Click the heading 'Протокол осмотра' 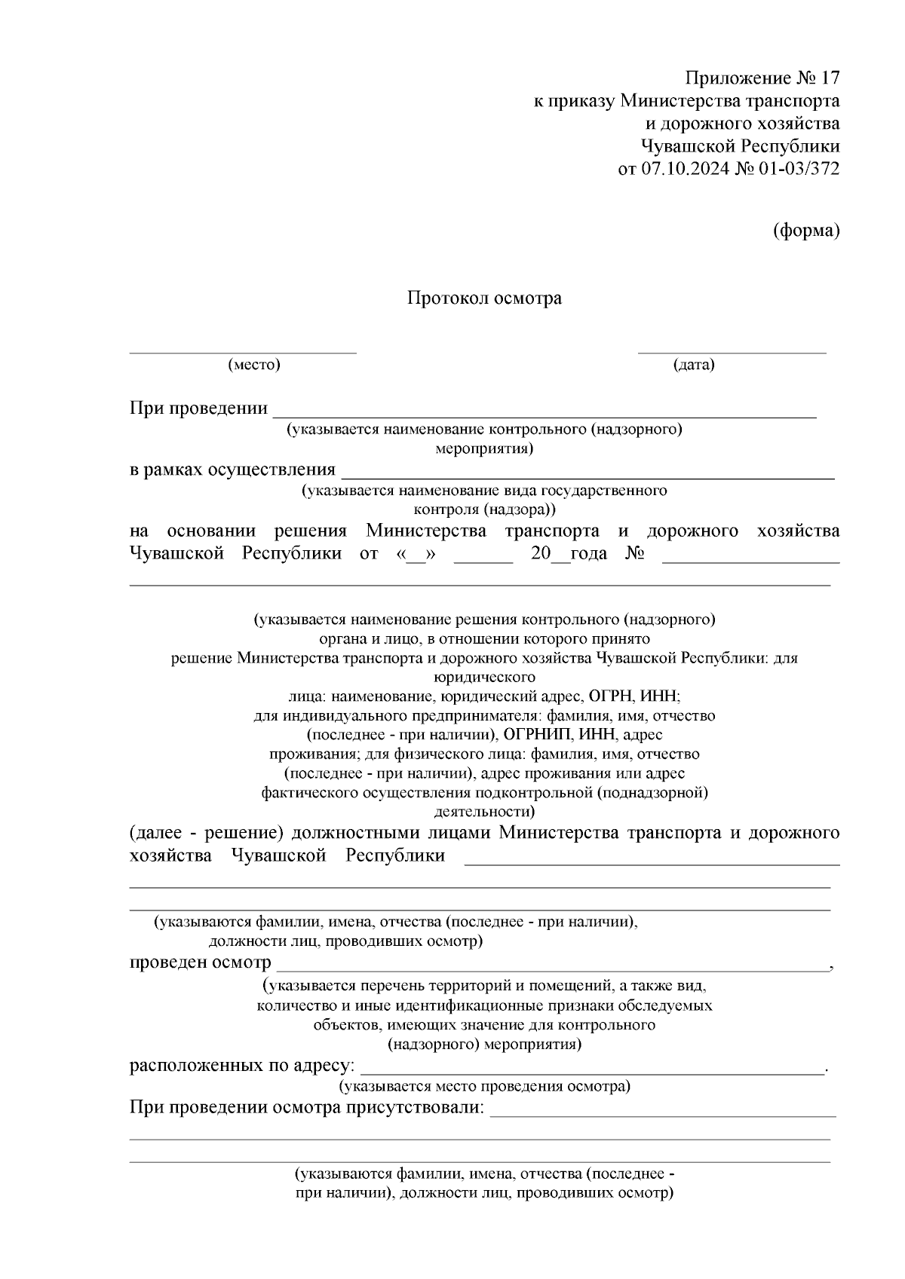[x=484, y=298]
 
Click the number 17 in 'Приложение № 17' [x=829, y=78]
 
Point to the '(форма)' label [x=806, y=231]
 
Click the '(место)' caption [x=254, y=366]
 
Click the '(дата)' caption [x=694, y=366]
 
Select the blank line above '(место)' [x=243, y=350]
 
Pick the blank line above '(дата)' [x=732, y=350]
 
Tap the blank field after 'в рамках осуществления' [x=588, y=475]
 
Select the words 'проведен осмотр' [x=200, y=962]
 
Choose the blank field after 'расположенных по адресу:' [x=593, y=1070]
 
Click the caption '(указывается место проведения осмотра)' [x=484, y=1086]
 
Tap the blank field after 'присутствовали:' [x=663, y=1112]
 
